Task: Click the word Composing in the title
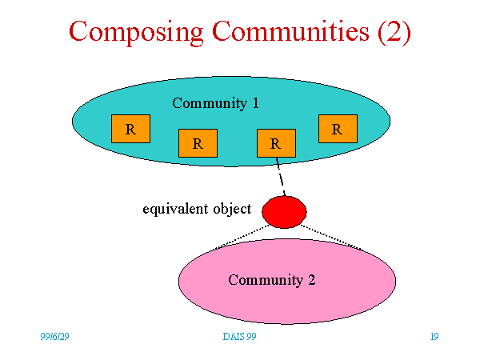(136, 33)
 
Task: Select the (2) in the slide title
(394, 32)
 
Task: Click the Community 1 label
(215, 103)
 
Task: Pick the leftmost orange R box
(130, 129)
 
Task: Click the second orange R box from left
(198, 143)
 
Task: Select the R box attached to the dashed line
(277, 143)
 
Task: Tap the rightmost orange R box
(338, 129)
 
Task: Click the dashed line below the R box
(281, 177)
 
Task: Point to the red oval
(284, 212)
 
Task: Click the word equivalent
(176, 210)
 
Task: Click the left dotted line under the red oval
(242, 237)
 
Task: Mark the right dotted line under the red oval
(332, 238)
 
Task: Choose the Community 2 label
(272, 280)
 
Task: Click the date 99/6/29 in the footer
(54, 337)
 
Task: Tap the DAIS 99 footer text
(240, 337)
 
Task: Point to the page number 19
(434, 337)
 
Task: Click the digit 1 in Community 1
(256, 103)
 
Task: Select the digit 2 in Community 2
(312, 280)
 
